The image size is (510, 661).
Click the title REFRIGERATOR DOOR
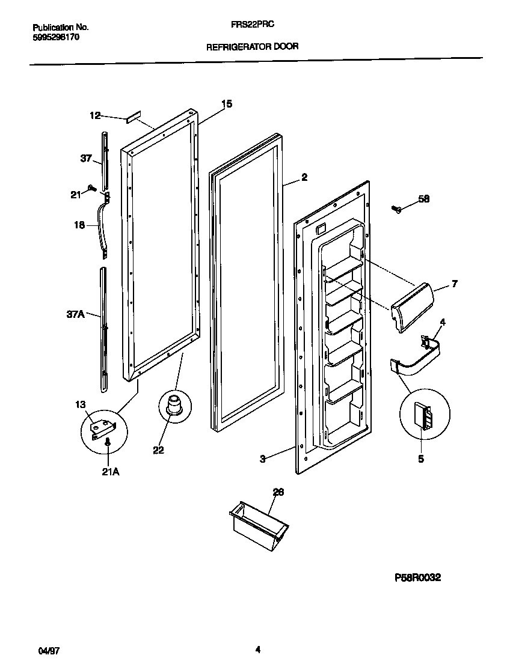pos(253,46)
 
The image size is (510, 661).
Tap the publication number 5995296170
pos(55,37)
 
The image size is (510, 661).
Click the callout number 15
pos(226,105)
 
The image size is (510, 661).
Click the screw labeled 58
pos(396,209)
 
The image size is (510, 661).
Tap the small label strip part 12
pos(133,117)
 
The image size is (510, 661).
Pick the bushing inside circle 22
pos(174,403)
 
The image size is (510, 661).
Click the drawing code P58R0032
pos(417,577)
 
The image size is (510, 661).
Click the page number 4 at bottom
pos(257,649)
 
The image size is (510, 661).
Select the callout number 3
pos(263,459)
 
